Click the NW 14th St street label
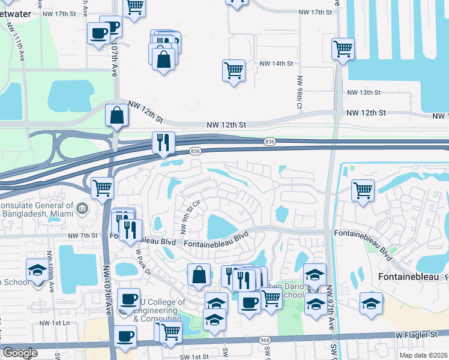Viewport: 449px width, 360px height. click(276, 64)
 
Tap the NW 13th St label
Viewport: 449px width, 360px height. click(364, 92)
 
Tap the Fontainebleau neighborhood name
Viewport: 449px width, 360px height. click(406, 277)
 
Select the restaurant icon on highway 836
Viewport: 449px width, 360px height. click(163, 142)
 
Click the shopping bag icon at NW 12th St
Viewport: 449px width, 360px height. click(115, 115)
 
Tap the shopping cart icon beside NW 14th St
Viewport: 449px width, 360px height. click(233, 69)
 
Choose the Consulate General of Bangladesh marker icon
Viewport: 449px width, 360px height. click(83, 208)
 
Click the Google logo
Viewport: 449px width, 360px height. click(20, 353)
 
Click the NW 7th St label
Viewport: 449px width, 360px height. click(83, 236)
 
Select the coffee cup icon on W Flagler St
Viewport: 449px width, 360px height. click(125, 337)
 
